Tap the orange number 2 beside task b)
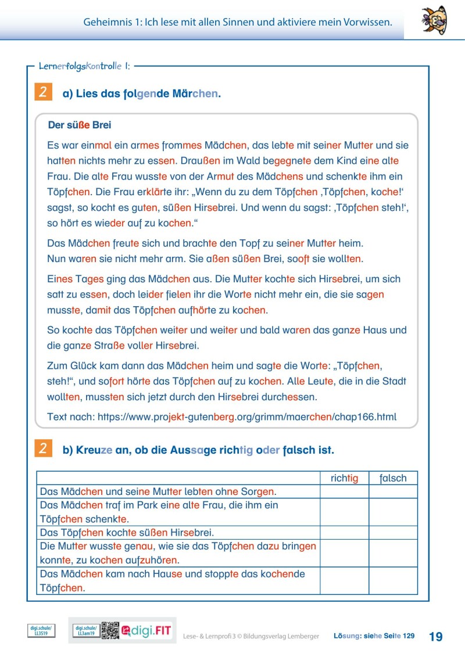[x=43, y=449]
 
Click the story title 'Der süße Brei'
[x=79, y=125]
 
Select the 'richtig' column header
[x=344, y=478]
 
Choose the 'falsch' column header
[x=393, y=478]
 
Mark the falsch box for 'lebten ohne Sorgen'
[x=393, y=491]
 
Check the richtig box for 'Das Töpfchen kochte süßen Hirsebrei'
[x=344, y=532]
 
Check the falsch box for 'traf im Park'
[x=393, y=512]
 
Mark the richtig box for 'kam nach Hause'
[x=344, y=580]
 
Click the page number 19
[x=435, y=636]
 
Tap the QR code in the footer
[x=110, y=630]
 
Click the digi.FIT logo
[x=148, y=630]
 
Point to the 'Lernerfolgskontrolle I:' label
[x=84, y=66]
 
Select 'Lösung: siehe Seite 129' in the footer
[x=374, y=636]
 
